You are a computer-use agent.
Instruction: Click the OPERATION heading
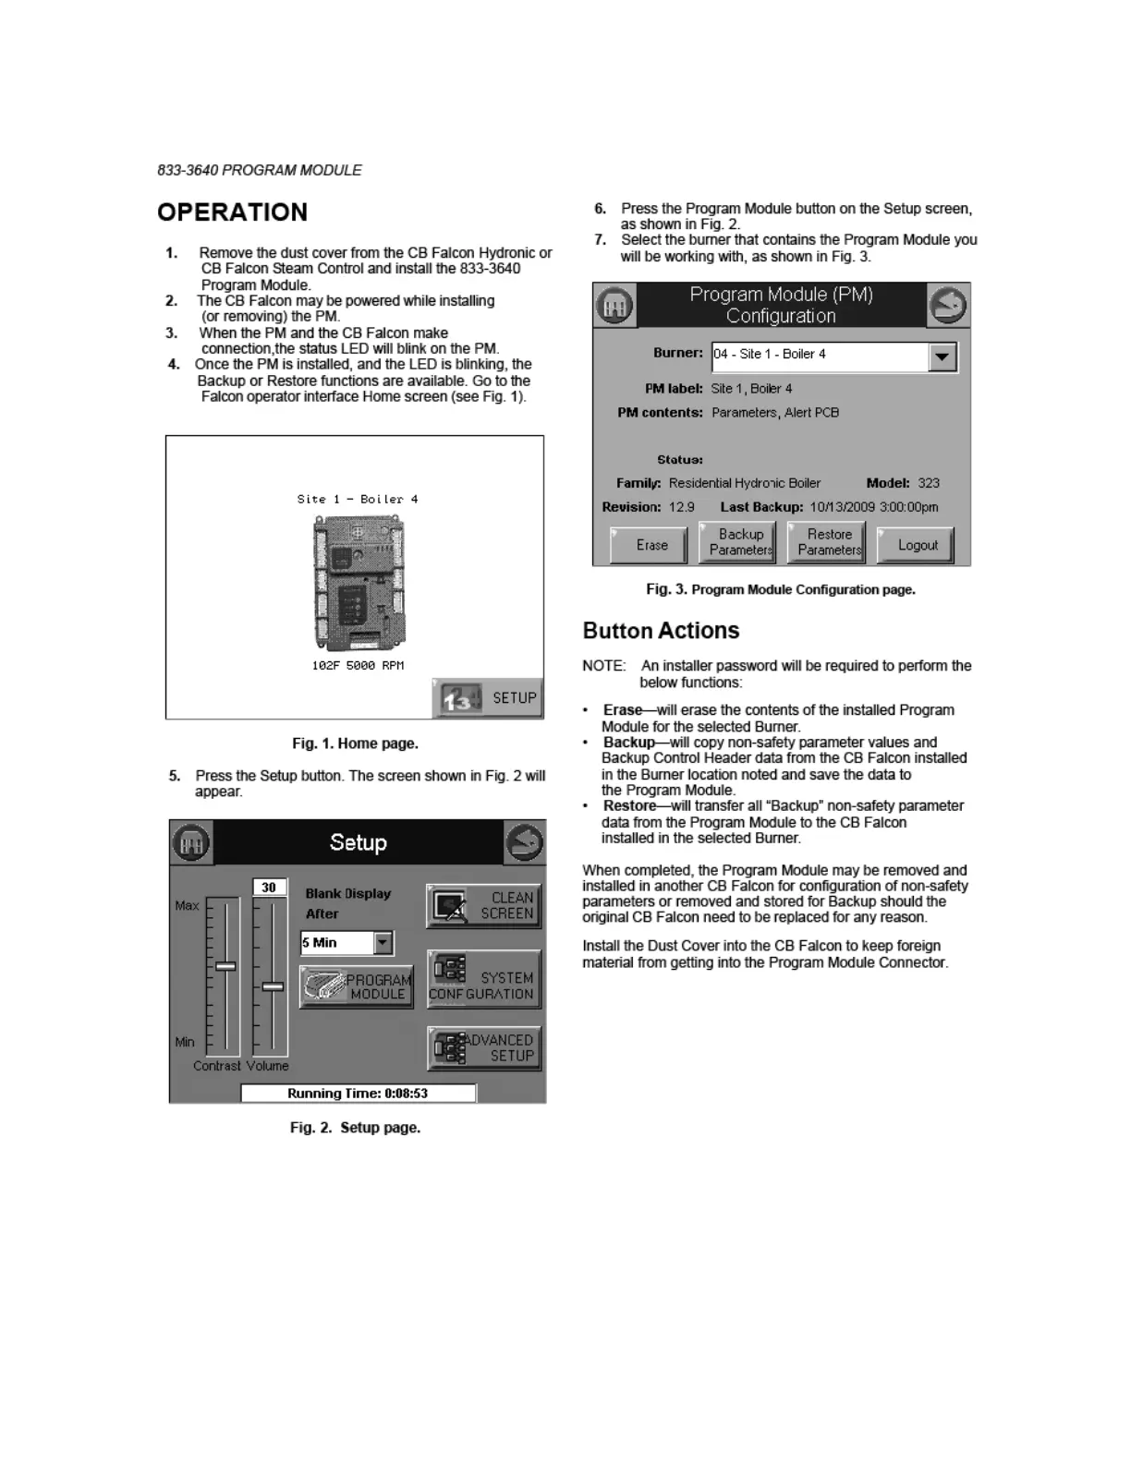[x=232, y=212]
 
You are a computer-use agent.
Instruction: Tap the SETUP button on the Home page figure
[x=488, y=698]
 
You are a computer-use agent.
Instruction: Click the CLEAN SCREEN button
[x=483, y=905]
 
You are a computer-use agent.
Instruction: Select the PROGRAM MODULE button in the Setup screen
[x=357, y=986]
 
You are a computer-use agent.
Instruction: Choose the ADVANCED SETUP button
[x=484, y=1048]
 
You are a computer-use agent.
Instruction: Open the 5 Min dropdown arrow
[x=383, y=943]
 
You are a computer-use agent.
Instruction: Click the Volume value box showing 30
[x=269, y=888]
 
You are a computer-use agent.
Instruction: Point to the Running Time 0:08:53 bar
[x=359, y=1094]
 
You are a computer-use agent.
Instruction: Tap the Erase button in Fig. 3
[x=650, y=545]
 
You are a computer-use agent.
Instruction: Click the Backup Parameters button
[x=737, y=542]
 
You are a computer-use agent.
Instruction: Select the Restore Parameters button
[x=827, y=542]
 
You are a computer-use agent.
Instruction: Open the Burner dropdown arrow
[x=942, y=357]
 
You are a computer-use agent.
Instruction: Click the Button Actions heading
[x=661, y=631]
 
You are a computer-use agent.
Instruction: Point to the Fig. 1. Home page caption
[x=355, y=744]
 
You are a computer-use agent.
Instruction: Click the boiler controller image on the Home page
[x=359, y=582]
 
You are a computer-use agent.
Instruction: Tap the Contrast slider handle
[x=225, y=966]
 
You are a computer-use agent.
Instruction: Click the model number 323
[x=929, y=483]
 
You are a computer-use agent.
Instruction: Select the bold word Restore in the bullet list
[x=629, y=806]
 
